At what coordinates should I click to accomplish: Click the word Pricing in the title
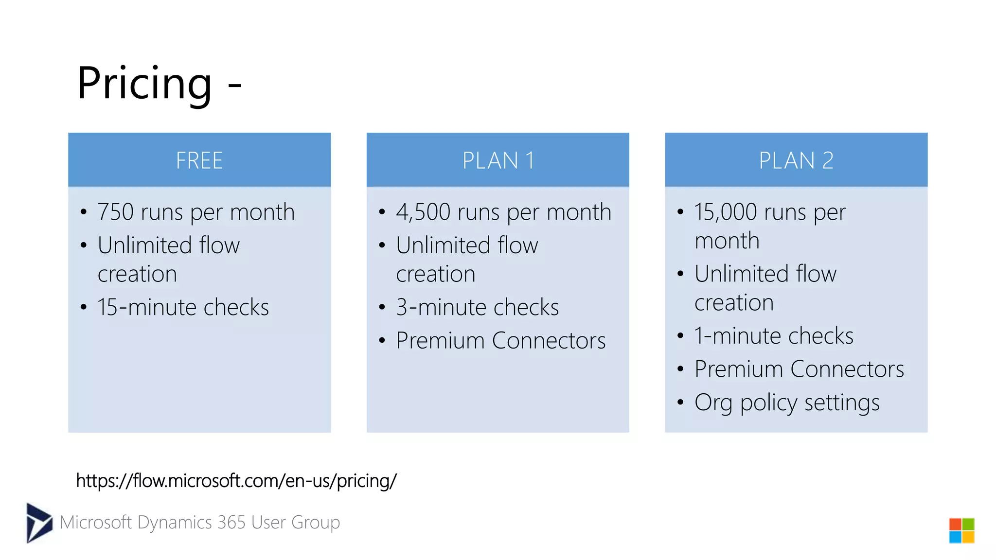(x=144, y=84)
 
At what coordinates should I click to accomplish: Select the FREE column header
(x=199, y=160)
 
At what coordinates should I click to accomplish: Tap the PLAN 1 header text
(x=498, y=160)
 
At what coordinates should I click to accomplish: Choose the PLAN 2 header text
(x=796, y=160)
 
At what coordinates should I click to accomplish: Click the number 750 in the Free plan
(x=116, y=212)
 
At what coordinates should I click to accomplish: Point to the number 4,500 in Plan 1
(x=423, y=212)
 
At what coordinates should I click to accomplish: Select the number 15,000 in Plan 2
(x=726, y=212)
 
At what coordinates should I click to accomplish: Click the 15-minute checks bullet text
(x=183, y=307)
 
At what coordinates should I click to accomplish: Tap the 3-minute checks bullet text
(x=477, y=307)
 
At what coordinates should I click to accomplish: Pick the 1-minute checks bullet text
(x=774, y=336)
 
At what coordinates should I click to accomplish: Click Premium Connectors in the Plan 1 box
(x=500, y=340)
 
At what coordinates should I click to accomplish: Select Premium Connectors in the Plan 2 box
(x=799, y=369)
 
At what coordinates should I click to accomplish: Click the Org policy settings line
(x=787, y=402)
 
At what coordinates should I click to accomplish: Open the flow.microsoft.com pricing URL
(x=236, y=481)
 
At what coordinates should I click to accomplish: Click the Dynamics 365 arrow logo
(x=39, y=523)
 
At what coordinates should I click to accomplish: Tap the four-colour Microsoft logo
(x=961, y=530)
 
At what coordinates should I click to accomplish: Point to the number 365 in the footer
(x=231, y=523)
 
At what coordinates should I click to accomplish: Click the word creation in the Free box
(x=137, y=274)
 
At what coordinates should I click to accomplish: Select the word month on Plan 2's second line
(x=727, y=241)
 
